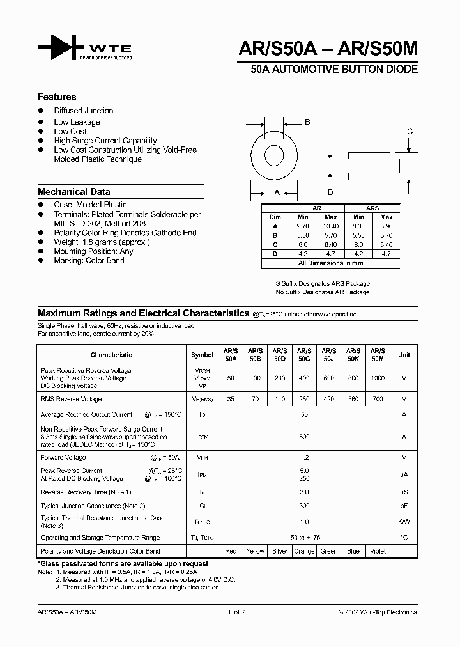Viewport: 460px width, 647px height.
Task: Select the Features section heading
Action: (57, 97)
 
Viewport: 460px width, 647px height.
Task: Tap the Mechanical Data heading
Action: (73, 192)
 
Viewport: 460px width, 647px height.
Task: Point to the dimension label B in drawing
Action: (307, 122)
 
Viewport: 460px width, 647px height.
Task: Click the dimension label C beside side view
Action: (410, 131)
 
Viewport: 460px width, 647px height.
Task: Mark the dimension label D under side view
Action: (330, 192)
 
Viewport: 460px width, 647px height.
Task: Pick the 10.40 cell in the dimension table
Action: (331, 226)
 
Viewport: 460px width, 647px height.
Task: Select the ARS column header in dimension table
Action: (372, 208)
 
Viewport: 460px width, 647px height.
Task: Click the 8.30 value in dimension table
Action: (358, 226)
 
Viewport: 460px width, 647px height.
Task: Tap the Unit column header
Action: (404, 355)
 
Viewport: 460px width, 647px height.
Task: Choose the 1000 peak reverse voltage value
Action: (378, 378)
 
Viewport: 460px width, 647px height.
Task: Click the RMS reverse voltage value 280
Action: (304, 399)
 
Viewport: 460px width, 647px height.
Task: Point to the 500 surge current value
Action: (304, 437)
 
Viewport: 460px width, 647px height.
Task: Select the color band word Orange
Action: (304, 551)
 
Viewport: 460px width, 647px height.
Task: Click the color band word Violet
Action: (378, 551)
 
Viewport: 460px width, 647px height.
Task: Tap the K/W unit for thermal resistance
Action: (404, 522)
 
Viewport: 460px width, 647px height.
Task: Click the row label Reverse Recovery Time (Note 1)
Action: (86, 492)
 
